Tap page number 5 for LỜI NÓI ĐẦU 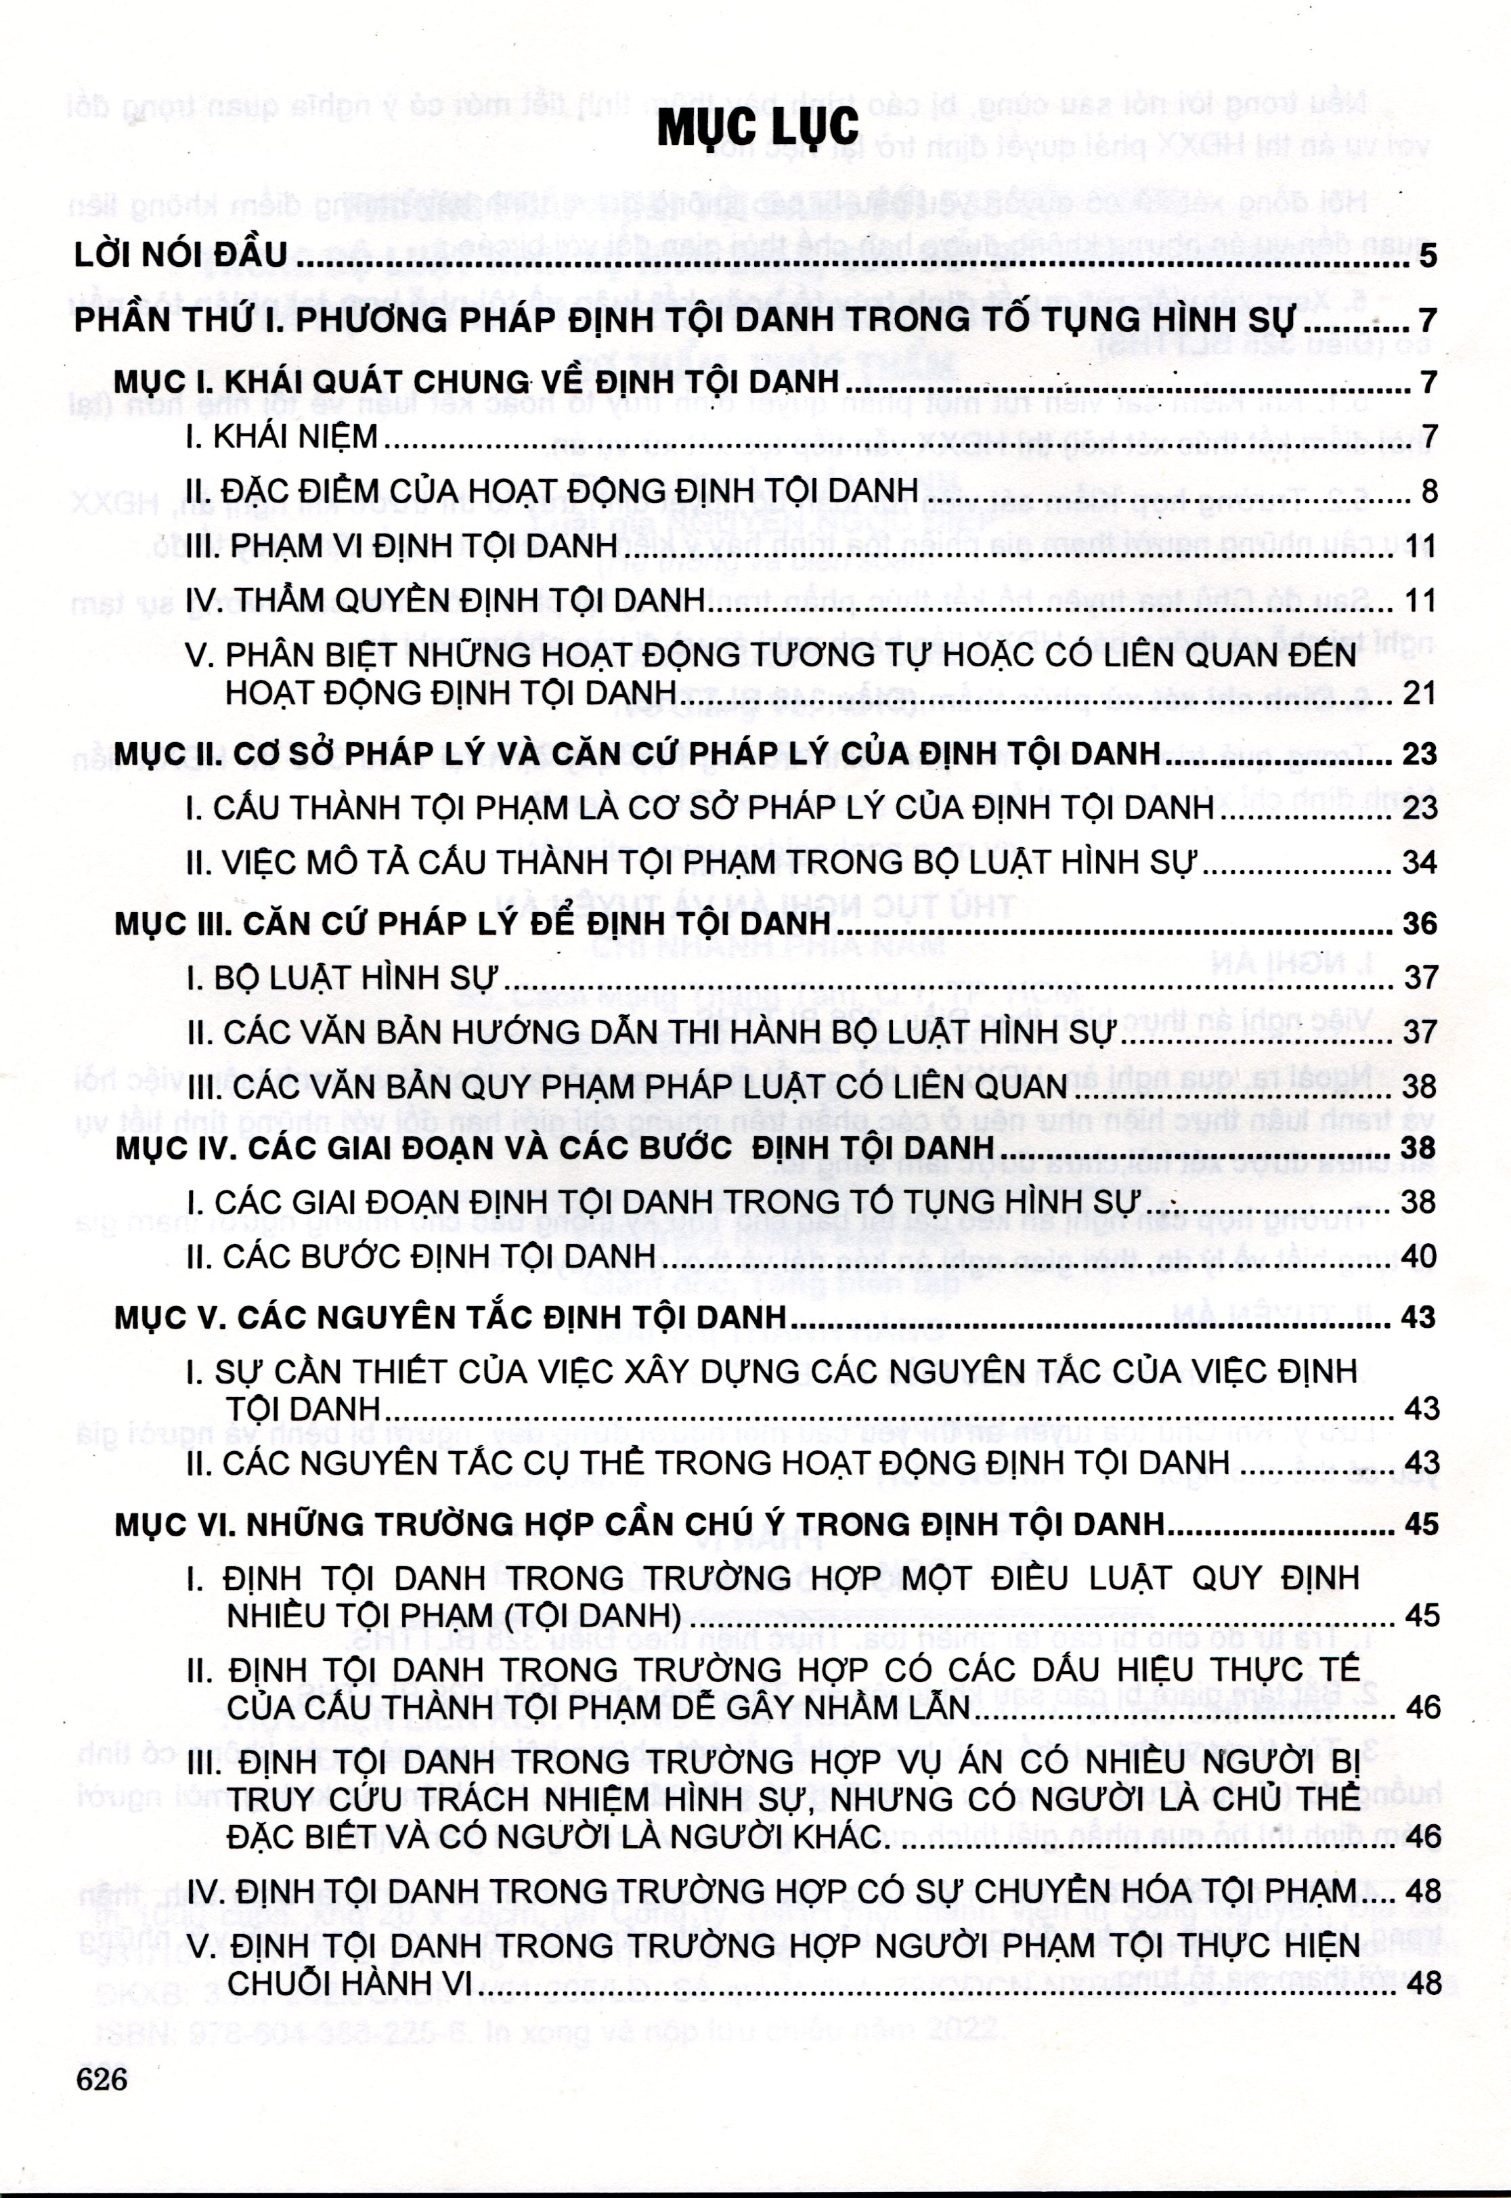pyautogui.click(x=1428, y=257)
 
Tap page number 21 pyautogui.click(x=1420, y=693)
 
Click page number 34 pyautogui.click(x=1420, y=863)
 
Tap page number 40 pyautogui.click(x=1420, y=1257)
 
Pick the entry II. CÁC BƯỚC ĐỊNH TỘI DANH pyautogui.click(x=421, y=1257)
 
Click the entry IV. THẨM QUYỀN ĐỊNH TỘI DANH pyautogui.click(x=445, y=601)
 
